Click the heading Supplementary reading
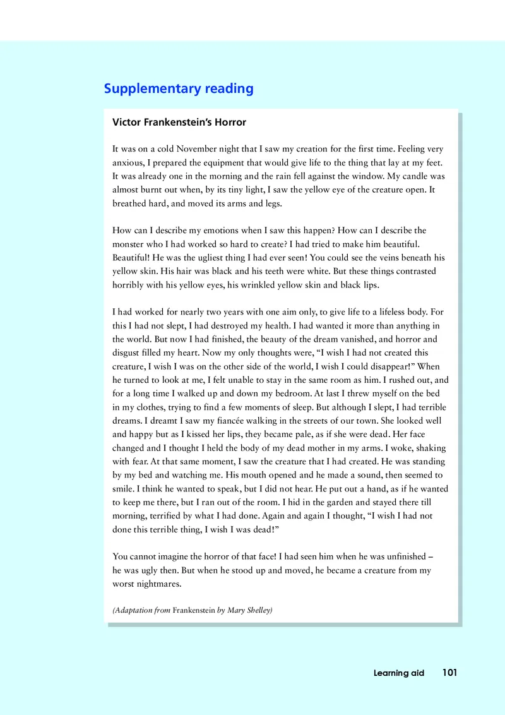[x=179, y=88]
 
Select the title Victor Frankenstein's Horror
[x=179, y=123]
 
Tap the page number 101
[x=449, y=673]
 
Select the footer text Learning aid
[x=399, y=673]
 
